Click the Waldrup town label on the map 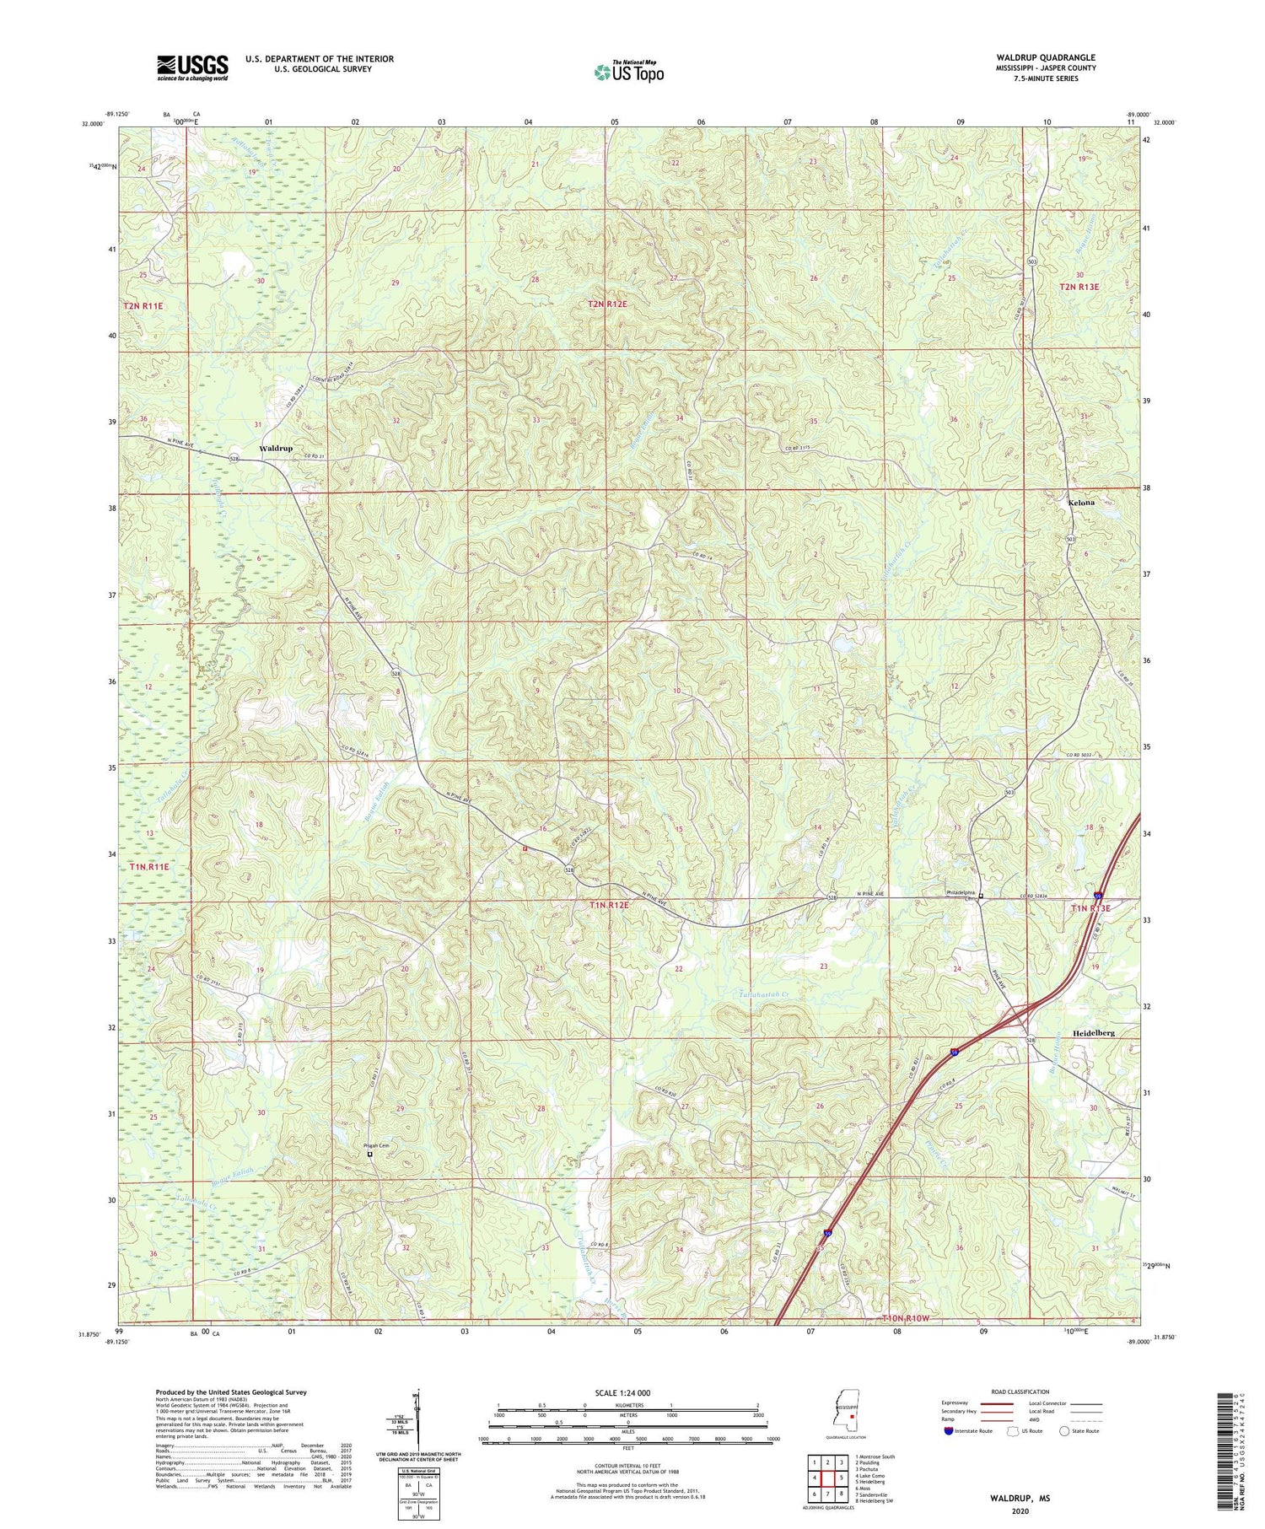(276, 448)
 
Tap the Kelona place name (1080, 502)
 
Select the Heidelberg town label (1093, 1032)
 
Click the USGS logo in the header (192, 67)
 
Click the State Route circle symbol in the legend (1064, 1430)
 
